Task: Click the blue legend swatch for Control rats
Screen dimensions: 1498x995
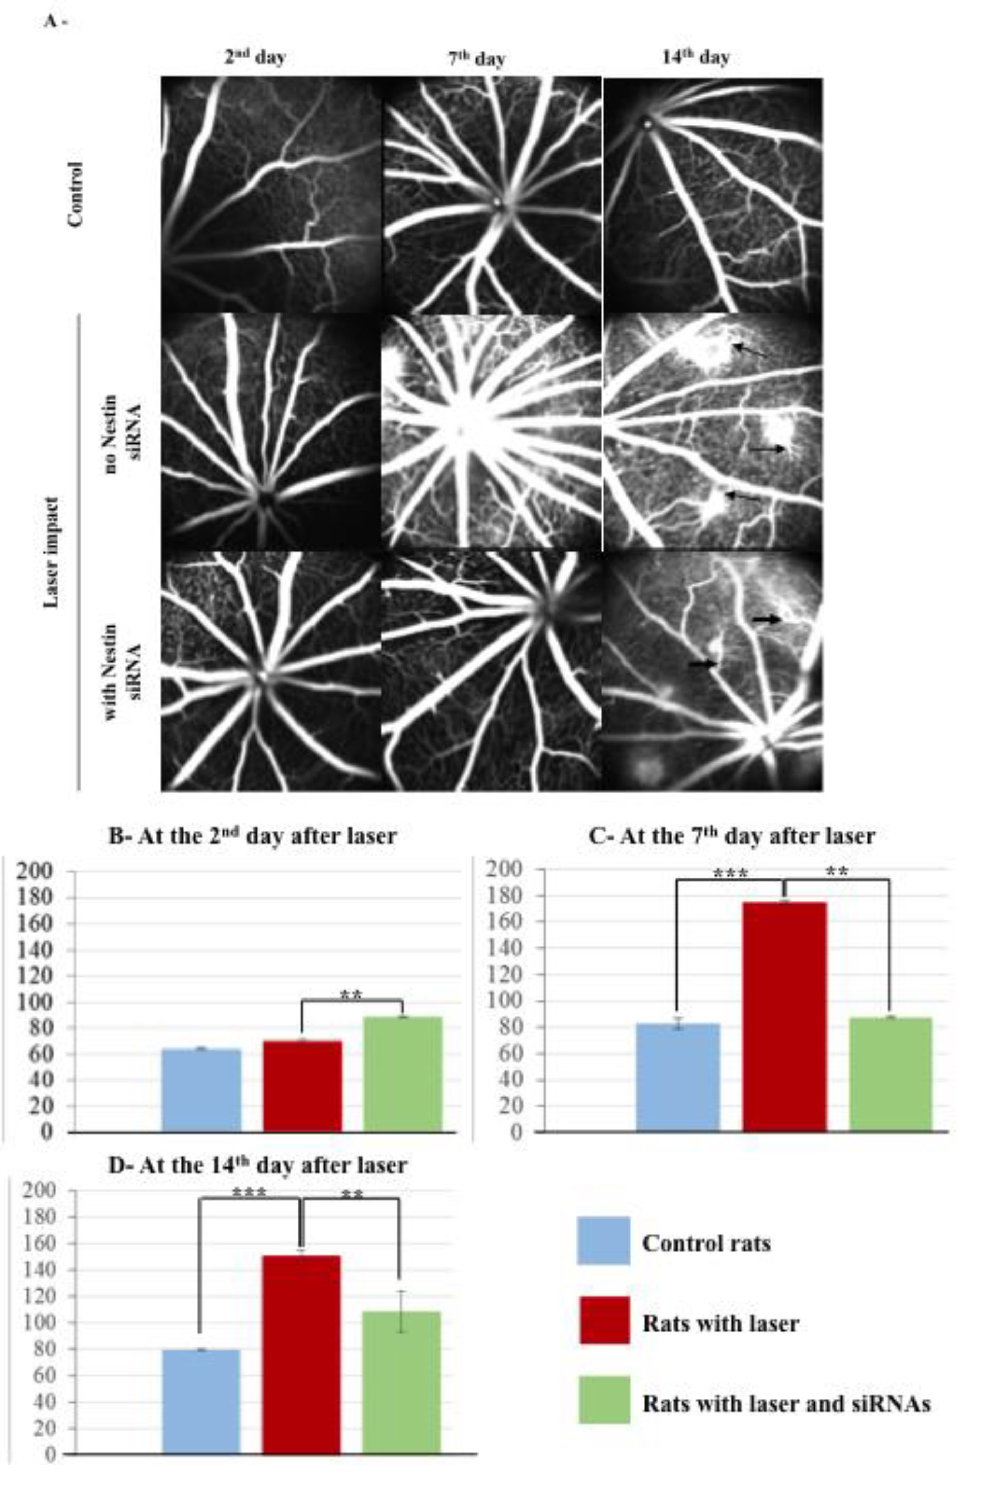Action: [603, 1241]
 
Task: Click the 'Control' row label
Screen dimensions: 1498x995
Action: [75, 194]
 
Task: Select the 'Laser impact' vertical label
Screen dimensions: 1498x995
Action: [52, 552]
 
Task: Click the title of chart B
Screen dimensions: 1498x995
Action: [253, 836]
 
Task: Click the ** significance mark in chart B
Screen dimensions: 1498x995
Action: [351, 995]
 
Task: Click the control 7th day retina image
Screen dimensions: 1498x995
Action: [491, 194]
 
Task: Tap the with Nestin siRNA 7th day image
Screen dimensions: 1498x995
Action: [491, 671]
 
